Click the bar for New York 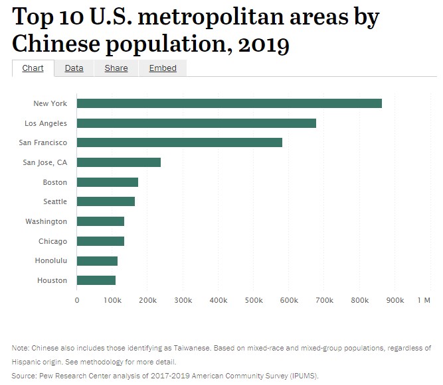click(x=229, y=103)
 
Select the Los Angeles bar click(x=197, y=123)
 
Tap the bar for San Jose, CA click(x=119, y=162)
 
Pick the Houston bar click(x=96, y=280)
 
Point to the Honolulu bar click(x=97, y=260)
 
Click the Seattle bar click(x=106, y=201)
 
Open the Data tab click(x=74, y=68)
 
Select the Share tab click(x=116, y=68)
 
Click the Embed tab click(x=163, y=68)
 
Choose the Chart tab click(x=33, y=68)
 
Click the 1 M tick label click(x=424, y=300)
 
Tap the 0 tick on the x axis click(x=77, y=300)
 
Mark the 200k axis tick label click(x=147, y=300)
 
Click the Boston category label click(x=54, y=182)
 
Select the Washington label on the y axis click(x=46, y=221)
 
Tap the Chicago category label click(x=52, y=241)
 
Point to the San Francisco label click(x=44, y=142)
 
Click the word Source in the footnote click(x=23, y=376)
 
